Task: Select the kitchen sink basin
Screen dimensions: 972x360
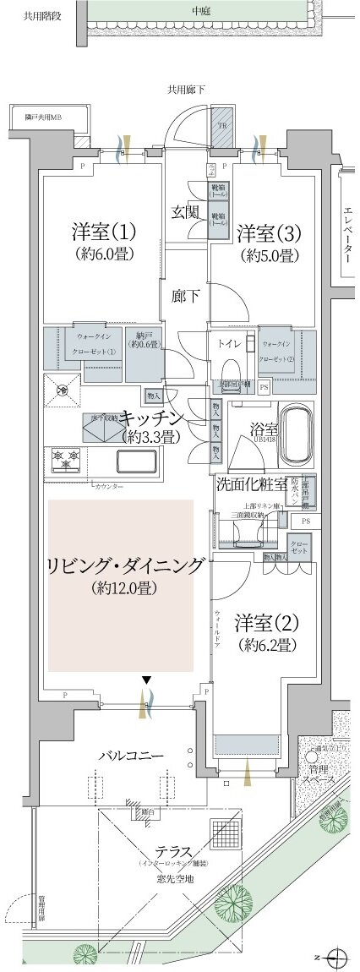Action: tap(135, 464)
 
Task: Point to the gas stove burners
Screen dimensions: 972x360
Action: tap(65, 459)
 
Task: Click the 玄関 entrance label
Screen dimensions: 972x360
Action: tap(185, 211)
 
